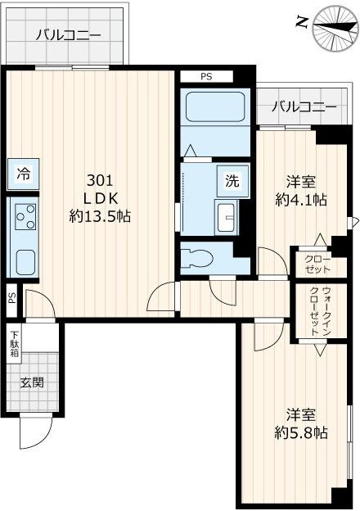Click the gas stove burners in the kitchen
tap(25, 217)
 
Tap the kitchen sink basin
tap(25, 263)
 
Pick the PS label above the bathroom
tap(206, 77)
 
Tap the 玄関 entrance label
tap(33, 382)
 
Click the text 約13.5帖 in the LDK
tap(100, 216)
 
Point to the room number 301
tap(99, 179)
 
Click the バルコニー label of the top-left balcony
tap(68, 35)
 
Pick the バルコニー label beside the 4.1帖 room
tap(304, 106)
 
